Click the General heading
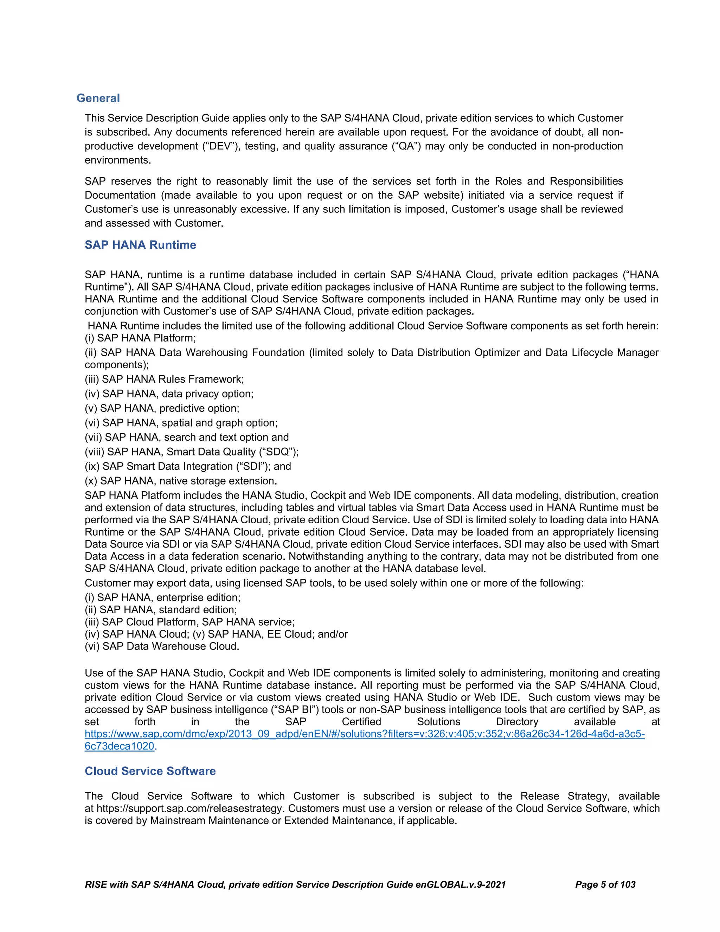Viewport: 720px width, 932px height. [98, 98]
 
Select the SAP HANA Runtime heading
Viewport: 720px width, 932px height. [140, 245]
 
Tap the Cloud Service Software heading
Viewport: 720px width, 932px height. [150, 771]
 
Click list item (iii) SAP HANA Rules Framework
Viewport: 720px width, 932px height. [164, 379]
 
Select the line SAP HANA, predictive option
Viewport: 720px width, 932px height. [162, 408]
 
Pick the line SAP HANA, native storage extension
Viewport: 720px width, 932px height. [181, 481]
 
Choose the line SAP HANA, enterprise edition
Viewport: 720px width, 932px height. [162, 598]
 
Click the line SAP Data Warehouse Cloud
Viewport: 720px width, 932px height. [162, 646]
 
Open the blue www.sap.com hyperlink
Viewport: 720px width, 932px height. [364, 734]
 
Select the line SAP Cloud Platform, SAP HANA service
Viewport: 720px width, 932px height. [190, 622]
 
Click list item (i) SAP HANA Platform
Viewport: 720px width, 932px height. [140, 338]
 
